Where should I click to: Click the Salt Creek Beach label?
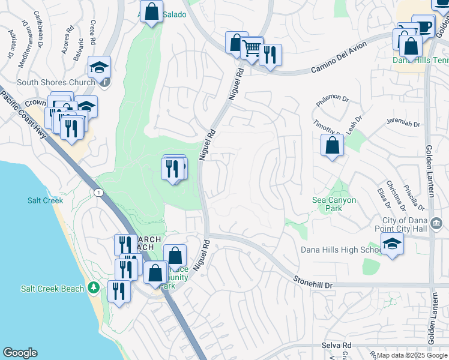[53, 289]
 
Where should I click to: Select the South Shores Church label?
[47, 83]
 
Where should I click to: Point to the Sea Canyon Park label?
[334, 204]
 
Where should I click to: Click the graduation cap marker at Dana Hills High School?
[392, 244]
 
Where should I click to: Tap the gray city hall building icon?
[436, 224]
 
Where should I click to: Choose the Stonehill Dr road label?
[313, 280]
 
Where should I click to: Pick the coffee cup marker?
[424, 26]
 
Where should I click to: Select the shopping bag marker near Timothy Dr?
[332, 145]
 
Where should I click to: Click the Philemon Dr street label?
[330, 97]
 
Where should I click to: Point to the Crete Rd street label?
[93, 34]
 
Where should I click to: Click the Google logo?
[20, 353]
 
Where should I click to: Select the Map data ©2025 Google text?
[412, 355]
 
